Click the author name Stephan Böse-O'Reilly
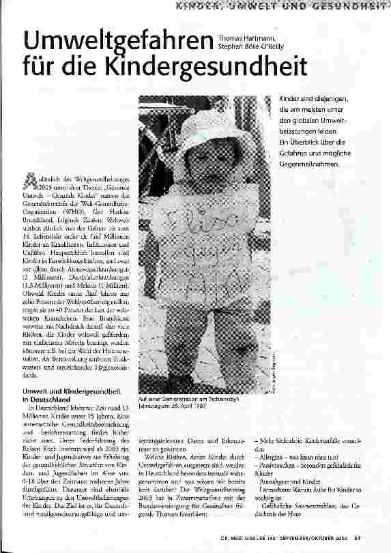(x=250, y=47)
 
